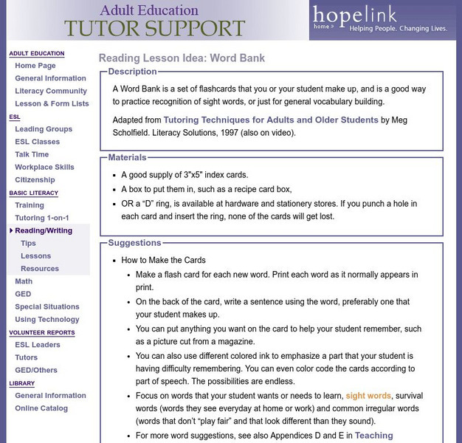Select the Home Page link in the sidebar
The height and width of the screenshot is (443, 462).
(x=35, y=66)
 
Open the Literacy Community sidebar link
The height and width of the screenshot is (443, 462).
(x=51, y=91)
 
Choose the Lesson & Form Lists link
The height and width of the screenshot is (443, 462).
(x=52, y=103)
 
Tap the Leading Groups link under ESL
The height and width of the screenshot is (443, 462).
(x=44, y=129)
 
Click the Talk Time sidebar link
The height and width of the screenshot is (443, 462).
(x=32, y=154)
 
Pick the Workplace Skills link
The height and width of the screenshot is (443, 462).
(x=44, y=167)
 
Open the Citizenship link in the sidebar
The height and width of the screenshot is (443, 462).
(x=35, y=179)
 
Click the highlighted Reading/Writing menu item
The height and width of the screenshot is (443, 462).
(x=44, y=230)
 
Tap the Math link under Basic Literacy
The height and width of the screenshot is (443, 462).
(x=24, y=281)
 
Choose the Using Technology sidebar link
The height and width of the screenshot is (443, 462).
(x=46, y=320)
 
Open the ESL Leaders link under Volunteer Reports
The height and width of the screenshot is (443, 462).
(x=38, y=345)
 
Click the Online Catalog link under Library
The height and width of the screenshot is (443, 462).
(x=41, y=408)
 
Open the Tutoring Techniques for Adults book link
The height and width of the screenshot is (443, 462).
(x=271, y=120)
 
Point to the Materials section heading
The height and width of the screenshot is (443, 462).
(x=127, y=157)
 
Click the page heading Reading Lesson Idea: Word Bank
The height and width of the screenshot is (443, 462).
(x=182, y=58)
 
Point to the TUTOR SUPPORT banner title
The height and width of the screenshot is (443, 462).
(x=154, y=29)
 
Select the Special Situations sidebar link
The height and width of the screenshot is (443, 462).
(x=47, y=306)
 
